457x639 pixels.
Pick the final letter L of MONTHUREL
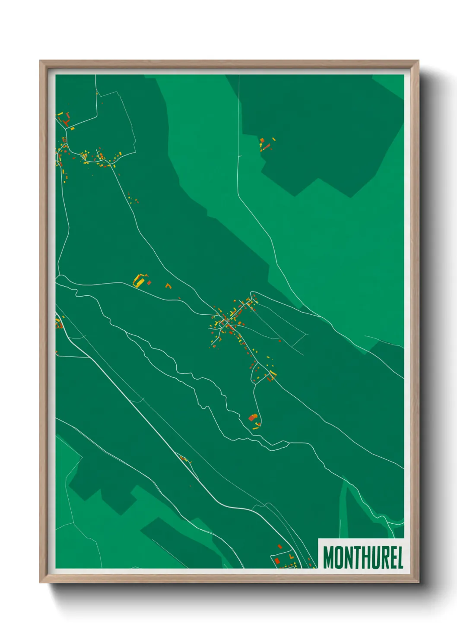click(x=400, y=557)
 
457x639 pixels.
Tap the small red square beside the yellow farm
click(x=149, y=283)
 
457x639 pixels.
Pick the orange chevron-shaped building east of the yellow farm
click(x=168, y=285)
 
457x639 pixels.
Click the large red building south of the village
click(x=252, y=418)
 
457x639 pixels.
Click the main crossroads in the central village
click(x=225, y=322)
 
